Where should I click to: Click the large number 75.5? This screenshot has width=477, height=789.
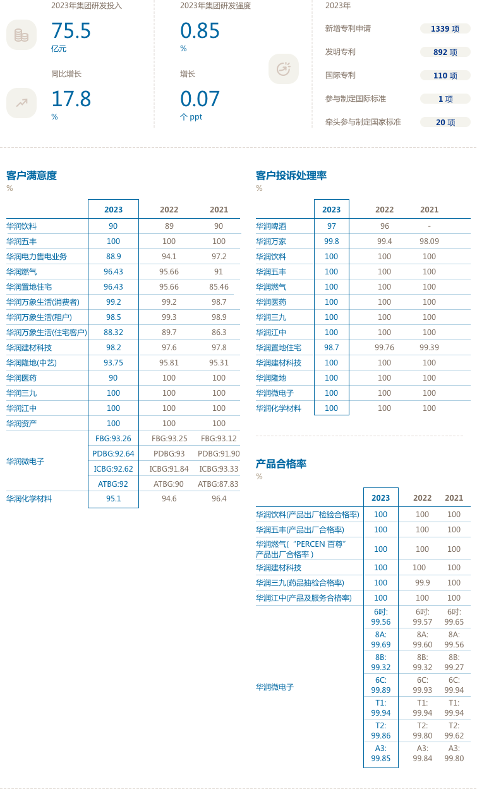pos(71,30)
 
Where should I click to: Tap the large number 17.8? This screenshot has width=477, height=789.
pos(71,99)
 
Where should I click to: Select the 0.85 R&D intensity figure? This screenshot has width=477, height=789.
pos(200,30)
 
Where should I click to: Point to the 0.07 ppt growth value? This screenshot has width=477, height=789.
pos(200,99)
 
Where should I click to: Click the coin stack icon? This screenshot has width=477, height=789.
pos(21,35)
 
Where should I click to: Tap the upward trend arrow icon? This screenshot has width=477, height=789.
pos(21,102)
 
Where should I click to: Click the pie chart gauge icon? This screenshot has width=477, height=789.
pos(284,69)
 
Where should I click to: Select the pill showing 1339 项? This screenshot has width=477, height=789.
pos(445,29)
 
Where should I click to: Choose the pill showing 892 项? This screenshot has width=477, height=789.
pos(445,52)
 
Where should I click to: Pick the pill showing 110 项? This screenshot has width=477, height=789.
pos(445,75)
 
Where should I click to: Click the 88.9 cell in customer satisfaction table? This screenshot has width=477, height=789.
pos(113,256)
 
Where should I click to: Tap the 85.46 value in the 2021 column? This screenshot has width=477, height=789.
pos(219,286)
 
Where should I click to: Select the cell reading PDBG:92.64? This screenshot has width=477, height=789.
pos(113,453)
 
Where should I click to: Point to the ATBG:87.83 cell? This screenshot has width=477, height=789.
pos(218,484)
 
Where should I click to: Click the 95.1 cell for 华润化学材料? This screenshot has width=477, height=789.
pos(113,498)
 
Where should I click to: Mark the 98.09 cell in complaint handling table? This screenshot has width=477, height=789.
pos(429,241)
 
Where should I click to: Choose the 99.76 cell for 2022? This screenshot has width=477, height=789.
pos(384,347)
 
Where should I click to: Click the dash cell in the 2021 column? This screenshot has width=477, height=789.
pos(429,226)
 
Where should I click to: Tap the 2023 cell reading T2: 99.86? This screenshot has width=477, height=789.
pos(381,730)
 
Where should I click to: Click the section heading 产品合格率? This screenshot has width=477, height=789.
pos(281,464)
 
